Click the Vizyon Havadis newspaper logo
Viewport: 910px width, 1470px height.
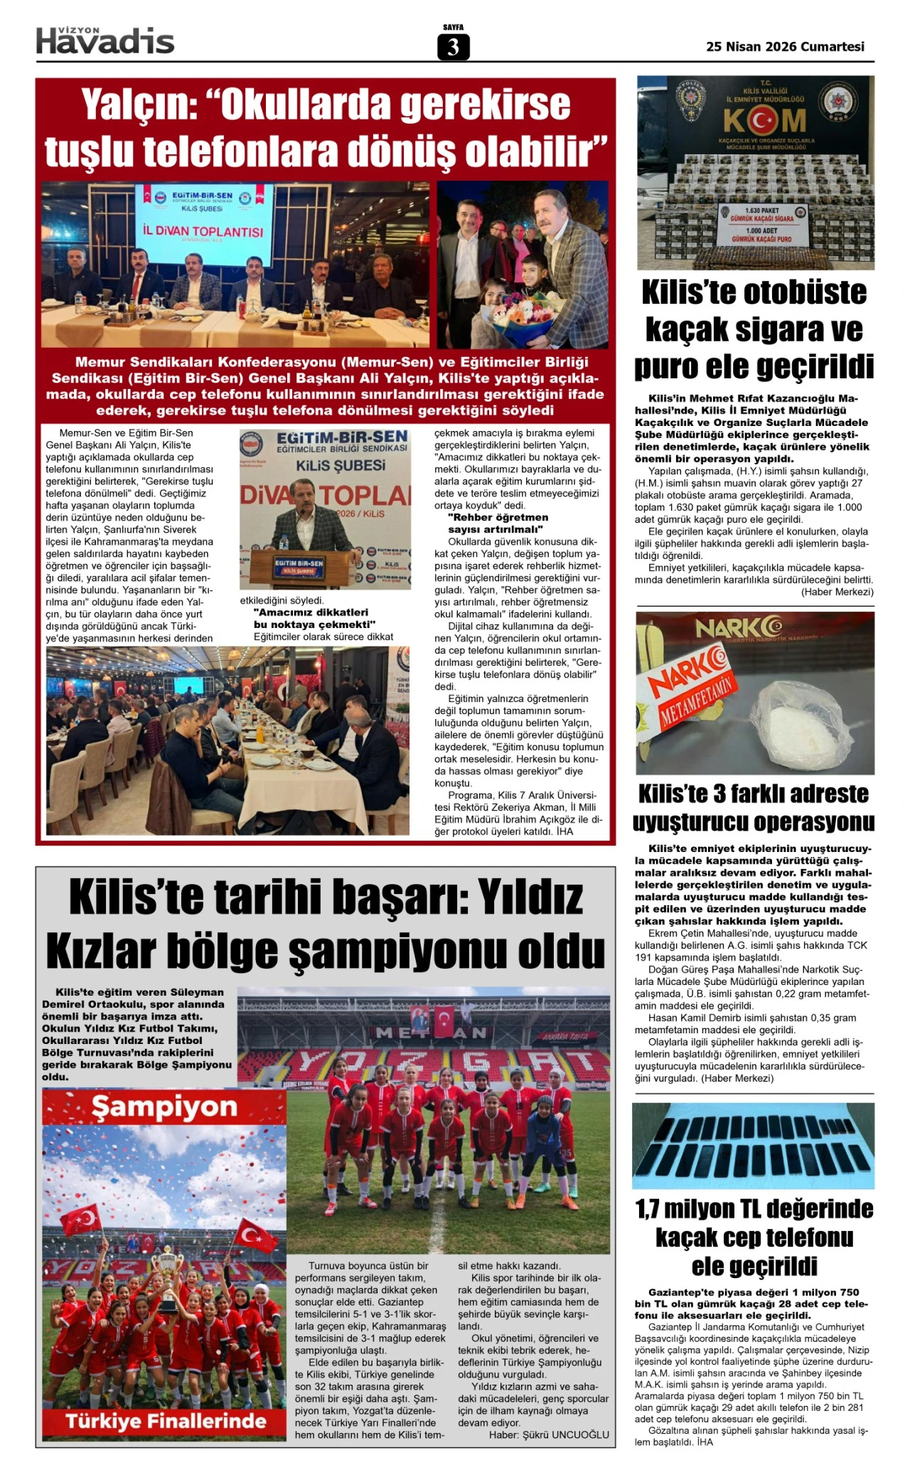coord(105,41)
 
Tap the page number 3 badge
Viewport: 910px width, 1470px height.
coord(453,47)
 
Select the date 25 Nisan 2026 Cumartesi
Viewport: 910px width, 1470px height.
coord(785,47)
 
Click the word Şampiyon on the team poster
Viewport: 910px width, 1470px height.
coord(164,1107)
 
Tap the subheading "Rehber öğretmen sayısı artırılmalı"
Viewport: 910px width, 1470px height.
coord(498,523)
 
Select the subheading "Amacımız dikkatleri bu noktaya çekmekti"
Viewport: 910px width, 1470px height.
coord(314,618)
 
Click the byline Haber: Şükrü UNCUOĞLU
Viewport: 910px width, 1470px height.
coord(549,1434)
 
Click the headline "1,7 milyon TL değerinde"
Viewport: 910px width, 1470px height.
coord(754,1209)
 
